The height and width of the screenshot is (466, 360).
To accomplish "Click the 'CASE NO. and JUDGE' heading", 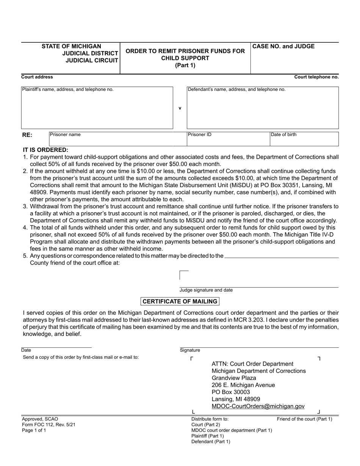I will [x=283, y=47].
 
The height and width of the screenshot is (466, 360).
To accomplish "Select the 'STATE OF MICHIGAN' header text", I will [x=71, y=47].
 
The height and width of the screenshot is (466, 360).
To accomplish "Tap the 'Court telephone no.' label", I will [x=316, y=77].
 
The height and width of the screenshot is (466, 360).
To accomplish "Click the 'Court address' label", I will [x=37, y=77].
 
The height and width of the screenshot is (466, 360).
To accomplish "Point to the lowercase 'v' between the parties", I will [x=180, y=108].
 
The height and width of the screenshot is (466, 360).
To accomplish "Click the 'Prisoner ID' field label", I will [x=200, y=134].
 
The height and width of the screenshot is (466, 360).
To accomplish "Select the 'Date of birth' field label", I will [x=283, y=134].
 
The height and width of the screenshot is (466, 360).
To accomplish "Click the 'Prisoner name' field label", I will [x=66, y=134].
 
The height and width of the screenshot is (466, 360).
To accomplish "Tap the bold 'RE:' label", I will [x=27, y=135].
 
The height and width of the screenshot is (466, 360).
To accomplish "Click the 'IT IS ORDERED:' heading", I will [x=46, y=150].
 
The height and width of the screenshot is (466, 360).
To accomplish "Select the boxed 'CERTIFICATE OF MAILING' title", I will [x=180, y=302].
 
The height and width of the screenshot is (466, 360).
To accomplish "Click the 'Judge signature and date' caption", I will [x=206, y=290].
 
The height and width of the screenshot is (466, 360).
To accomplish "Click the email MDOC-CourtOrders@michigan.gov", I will [x=258, y=406].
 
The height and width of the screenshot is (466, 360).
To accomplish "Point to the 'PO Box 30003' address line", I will [x=231, y=392].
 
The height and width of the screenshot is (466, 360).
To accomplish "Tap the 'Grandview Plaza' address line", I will [x=234, y=378].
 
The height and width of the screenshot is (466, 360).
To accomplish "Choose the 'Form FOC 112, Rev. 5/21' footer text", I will [x=49, y=425].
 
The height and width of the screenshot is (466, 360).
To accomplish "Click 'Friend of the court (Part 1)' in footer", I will [x=304, y=419].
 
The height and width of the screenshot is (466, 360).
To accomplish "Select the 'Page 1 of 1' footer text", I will [x=34, y=430].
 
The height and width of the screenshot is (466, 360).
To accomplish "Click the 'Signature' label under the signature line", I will [x=190, y=350].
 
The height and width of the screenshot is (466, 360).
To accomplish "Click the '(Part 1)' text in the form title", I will [x=185, y=65].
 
